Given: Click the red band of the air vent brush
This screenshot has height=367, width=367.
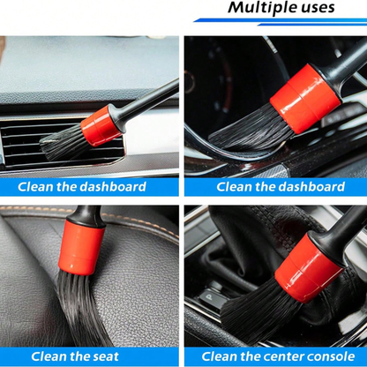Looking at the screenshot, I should click(99, 126).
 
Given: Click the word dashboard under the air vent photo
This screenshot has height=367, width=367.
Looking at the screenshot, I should click(110, 186).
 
